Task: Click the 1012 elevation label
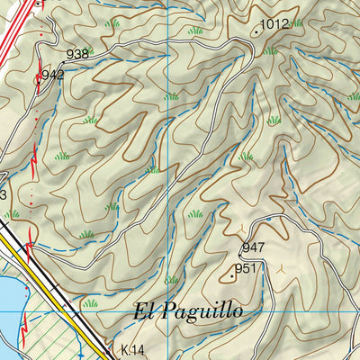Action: point(274,24)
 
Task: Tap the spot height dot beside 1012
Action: point(256,31)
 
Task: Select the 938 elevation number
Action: point(77,54)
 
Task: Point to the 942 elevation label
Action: point(52,76)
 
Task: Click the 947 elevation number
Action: point(253,247)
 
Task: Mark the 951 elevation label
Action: point(247,268)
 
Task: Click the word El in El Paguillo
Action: point(147,312)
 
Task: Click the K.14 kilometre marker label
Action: point(132,349)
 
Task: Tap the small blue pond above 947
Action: point(267,218)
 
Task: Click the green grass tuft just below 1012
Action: point(270,50)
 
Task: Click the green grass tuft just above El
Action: point(171,280)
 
